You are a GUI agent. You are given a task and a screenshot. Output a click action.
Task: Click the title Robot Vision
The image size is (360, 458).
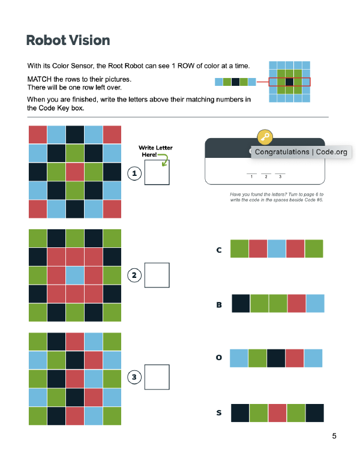tap(68, 41)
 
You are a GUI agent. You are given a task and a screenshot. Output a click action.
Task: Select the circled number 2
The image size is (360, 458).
tap(134, 275)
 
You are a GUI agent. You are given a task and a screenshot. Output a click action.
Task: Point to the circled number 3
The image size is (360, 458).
tap(134, 377)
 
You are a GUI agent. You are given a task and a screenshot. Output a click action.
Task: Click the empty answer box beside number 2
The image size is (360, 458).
tap(157, 275)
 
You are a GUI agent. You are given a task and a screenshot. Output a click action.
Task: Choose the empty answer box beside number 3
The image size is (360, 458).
tap(157, 377)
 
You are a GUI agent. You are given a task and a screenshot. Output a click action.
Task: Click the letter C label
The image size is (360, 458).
tap(219, 249)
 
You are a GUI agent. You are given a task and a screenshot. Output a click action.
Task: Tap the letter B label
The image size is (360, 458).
tap(219, 304)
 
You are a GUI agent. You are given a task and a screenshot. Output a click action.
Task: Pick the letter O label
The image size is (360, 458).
tap(219, 358)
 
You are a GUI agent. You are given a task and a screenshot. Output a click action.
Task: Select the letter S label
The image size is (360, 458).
tap(219, 413)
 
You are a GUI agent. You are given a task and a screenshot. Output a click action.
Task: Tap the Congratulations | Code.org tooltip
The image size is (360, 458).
tap(301, 152)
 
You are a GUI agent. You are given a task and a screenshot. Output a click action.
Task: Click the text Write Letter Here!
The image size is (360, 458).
tap(155, 151)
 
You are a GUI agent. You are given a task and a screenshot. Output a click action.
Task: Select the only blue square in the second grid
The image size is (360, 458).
tap(74, 275)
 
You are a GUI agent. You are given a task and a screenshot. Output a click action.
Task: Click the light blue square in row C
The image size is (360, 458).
tap(277, 249)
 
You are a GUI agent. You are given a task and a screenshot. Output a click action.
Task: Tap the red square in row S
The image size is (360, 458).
tap(277, 413)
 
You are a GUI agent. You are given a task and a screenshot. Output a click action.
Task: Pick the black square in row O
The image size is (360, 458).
tap(277, 358)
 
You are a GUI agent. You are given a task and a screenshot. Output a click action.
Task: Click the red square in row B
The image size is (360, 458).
tap(296, 303)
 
